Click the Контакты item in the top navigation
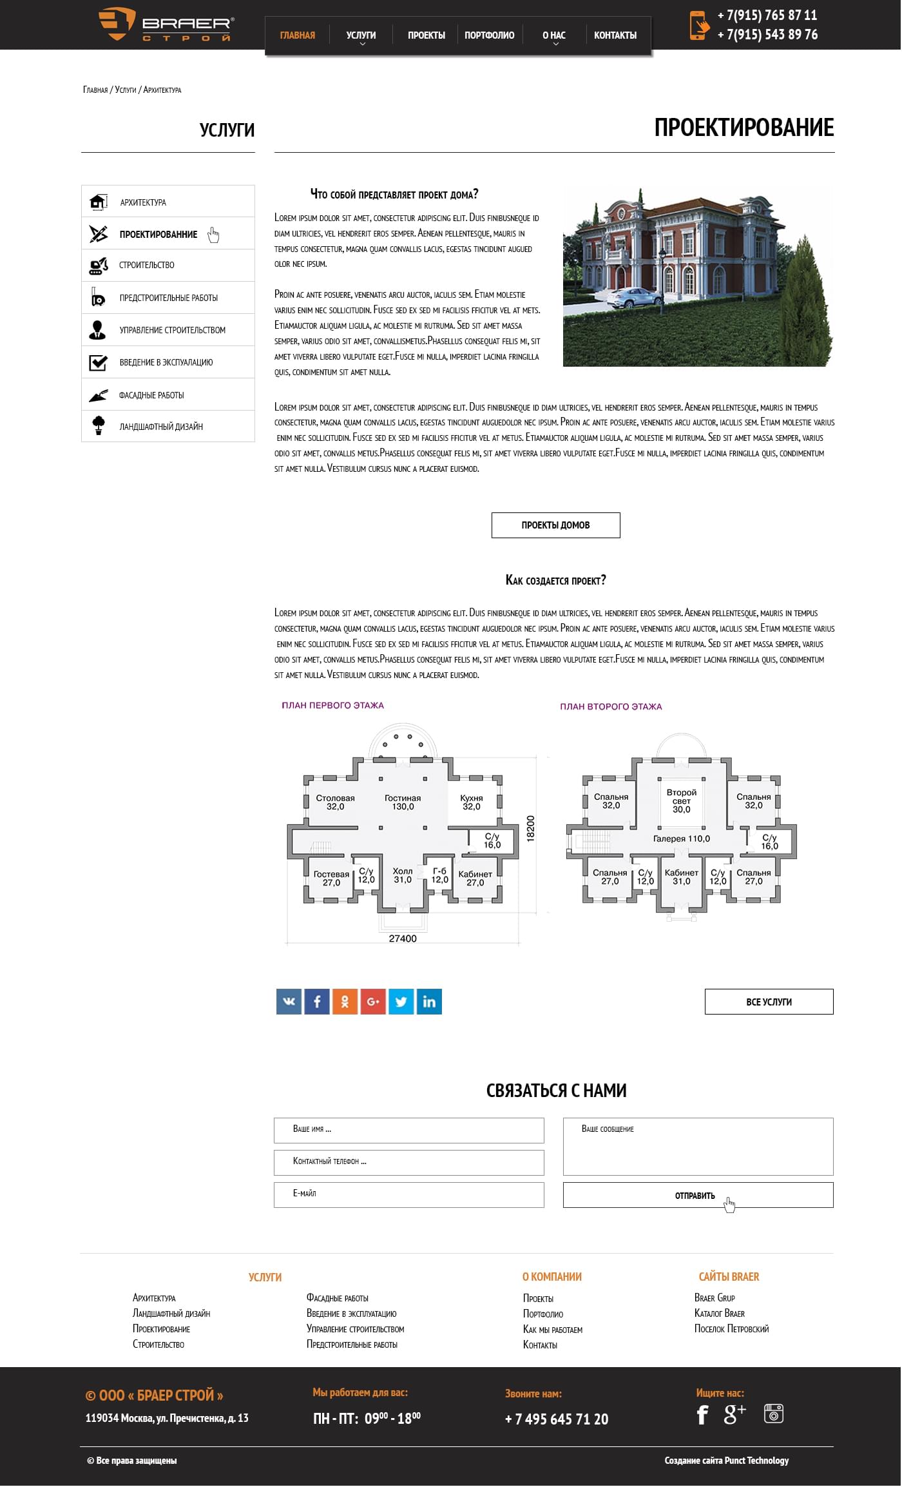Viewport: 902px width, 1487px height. (x=615, y=35)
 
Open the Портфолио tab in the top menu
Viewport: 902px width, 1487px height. (x=489, y=35)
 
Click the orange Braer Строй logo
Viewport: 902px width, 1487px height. (x=166, y=24)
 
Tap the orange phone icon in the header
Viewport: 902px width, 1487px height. (x=698, y=25)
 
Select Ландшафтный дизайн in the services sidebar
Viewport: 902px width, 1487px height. (x=160, y=427)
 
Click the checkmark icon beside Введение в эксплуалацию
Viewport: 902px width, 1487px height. (x=98, y=362)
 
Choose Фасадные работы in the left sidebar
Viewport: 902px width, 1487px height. (x=151, y=395)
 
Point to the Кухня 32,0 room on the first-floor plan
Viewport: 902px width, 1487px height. (x=471, y=802)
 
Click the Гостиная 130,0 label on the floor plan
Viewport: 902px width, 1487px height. (x=403, y=802)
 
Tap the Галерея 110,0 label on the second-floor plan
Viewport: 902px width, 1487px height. (x=681, y=839)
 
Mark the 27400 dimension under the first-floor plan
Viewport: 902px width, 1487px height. (x=403, y=938)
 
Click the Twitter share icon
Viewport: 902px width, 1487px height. (x=401, y=1002)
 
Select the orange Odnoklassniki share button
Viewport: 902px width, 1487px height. (x=345, y=1002)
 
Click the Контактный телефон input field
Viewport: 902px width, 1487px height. (x=408, y=1162)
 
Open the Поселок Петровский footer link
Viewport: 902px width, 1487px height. (x=731, y=1328)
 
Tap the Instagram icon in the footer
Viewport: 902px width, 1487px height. (x=773, y=1413)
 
